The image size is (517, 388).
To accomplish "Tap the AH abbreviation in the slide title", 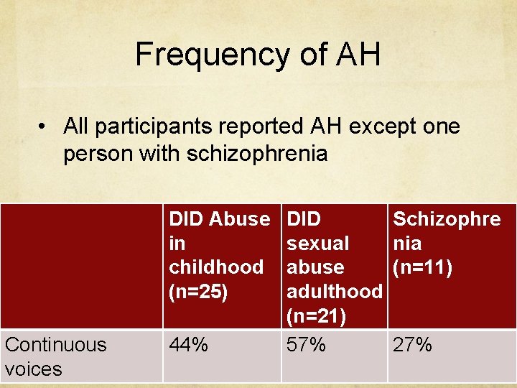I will tap(355, 55).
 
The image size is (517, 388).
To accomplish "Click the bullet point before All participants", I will tap(45, 127).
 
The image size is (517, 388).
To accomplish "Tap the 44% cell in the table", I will tap(188, 345).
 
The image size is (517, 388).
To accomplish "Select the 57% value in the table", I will tap(306, 345).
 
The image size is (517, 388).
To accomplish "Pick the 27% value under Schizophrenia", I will tap(412, 345).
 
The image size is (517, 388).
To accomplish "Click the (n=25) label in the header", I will tap(198, 291).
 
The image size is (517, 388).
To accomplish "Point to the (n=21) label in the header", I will tap(316, 315).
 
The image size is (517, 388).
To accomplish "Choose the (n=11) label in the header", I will tap(422, 267).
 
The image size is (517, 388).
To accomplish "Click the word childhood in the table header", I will tap(215, 267).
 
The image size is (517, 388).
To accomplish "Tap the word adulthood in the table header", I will tap(334, 291).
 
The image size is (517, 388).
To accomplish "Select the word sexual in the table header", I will tap(318, 243).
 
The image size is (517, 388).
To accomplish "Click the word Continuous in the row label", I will tap(55, 345).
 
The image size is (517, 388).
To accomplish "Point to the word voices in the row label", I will tap(33, 369).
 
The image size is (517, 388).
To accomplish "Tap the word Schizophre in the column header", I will tap(447, 218).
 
